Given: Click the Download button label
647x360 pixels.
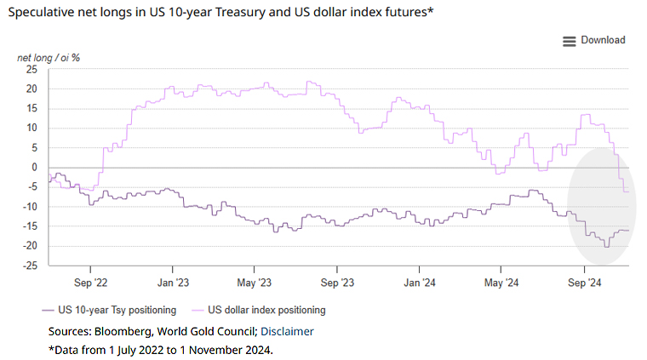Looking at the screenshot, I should (603, 40).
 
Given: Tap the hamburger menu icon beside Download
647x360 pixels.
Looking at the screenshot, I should (570, 41).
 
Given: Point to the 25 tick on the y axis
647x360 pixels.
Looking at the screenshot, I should (31, 69).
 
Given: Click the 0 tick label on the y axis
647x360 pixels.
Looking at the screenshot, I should (35, 167).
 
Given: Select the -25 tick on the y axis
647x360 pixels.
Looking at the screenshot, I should (30, 266).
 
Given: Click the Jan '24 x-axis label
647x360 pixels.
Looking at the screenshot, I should (420, 281).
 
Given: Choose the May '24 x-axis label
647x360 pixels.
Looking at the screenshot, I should (501, 281).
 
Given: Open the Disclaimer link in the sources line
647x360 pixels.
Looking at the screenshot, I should (287, 331).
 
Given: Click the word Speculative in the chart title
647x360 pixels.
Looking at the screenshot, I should (44, 13).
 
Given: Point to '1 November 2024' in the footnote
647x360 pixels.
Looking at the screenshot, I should (230, 350).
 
